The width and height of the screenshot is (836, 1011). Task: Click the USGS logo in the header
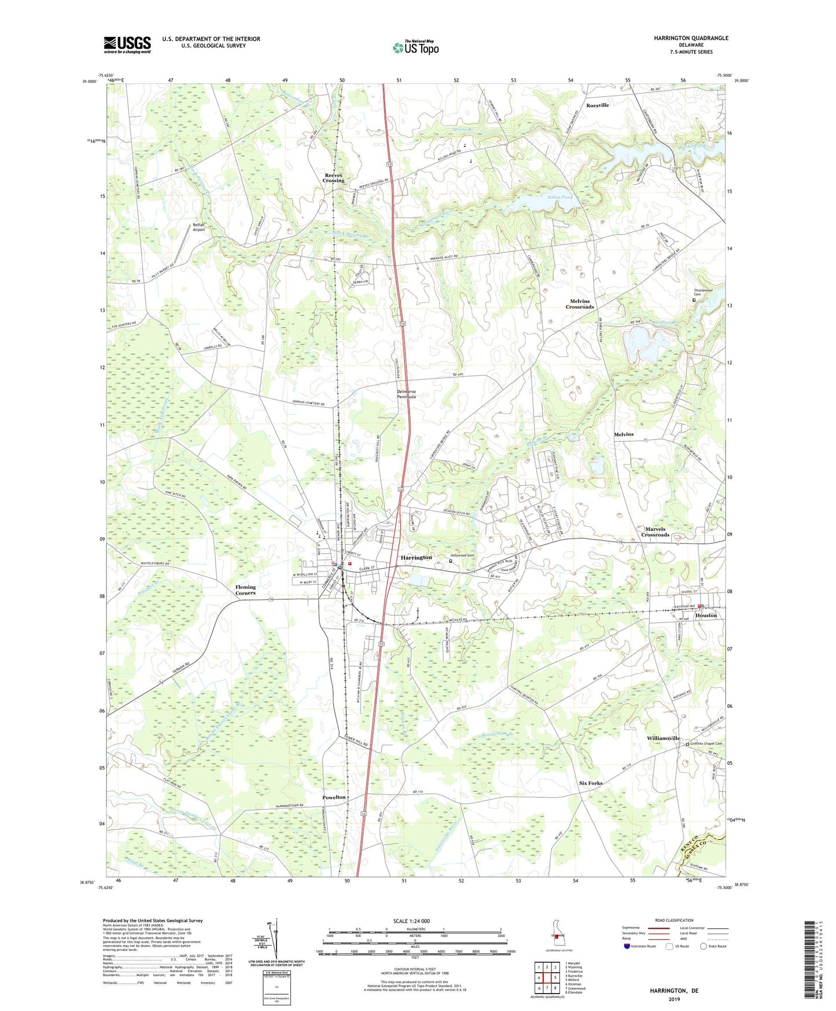tap(127, 44)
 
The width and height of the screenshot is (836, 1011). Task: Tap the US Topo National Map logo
tap(415, 47)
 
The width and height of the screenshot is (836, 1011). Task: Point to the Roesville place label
tap(597, 105)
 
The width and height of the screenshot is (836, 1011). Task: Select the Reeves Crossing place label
tap(333, 178)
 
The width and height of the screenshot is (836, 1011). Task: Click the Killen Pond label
tap(559, 197)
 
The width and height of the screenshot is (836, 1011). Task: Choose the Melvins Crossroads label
tap(580, 304)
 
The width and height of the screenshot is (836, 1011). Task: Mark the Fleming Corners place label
tap(245, 590)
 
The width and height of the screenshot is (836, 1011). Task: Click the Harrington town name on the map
tap(416, 558)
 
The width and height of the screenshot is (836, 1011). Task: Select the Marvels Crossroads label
tap(655, 532)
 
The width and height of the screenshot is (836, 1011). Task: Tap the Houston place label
tap(706, 616)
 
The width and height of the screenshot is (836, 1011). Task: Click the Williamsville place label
tap(663, 738)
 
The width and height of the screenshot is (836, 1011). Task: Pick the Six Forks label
tap(591, 783)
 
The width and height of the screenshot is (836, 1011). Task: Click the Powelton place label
tap(334, 797)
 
